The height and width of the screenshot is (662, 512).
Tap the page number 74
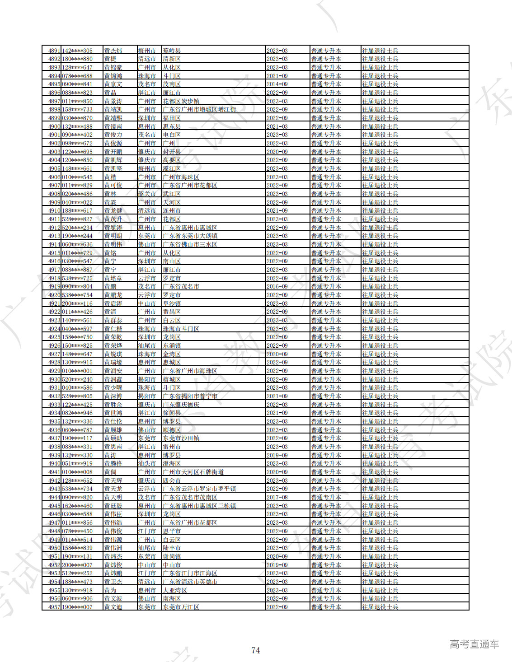coord(256,650)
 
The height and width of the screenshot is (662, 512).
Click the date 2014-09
coord(277,84)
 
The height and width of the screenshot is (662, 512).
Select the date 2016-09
coord(277,286)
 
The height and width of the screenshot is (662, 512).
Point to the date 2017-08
coord(277,497)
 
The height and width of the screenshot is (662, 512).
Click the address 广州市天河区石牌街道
coord(193,472)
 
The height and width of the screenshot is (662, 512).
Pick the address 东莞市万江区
coord(181,607)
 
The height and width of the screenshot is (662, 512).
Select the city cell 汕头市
coord(147,463)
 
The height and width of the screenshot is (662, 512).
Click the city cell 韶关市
coord(147,194)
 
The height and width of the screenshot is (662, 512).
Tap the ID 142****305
coord(77,51)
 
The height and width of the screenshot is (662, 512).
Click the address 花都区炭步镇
coord(181,101)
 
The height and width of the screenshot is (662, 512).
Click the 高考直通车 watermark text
coord(474,644)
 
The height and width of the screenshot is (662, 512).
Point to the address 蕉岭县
coord(172,51)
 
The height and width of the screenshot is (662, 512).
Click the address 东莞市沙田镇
coord(181,438)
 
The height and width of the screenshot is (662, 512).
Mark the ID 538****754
coord(77,295)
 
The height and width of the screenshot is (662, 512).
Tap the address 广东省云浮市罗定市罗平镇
coord(199,489)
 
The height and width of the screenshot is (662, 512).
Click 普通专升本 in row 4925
coord(326,337)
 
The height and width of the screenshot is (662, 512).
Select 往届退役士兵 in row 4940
coord(380,463)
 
